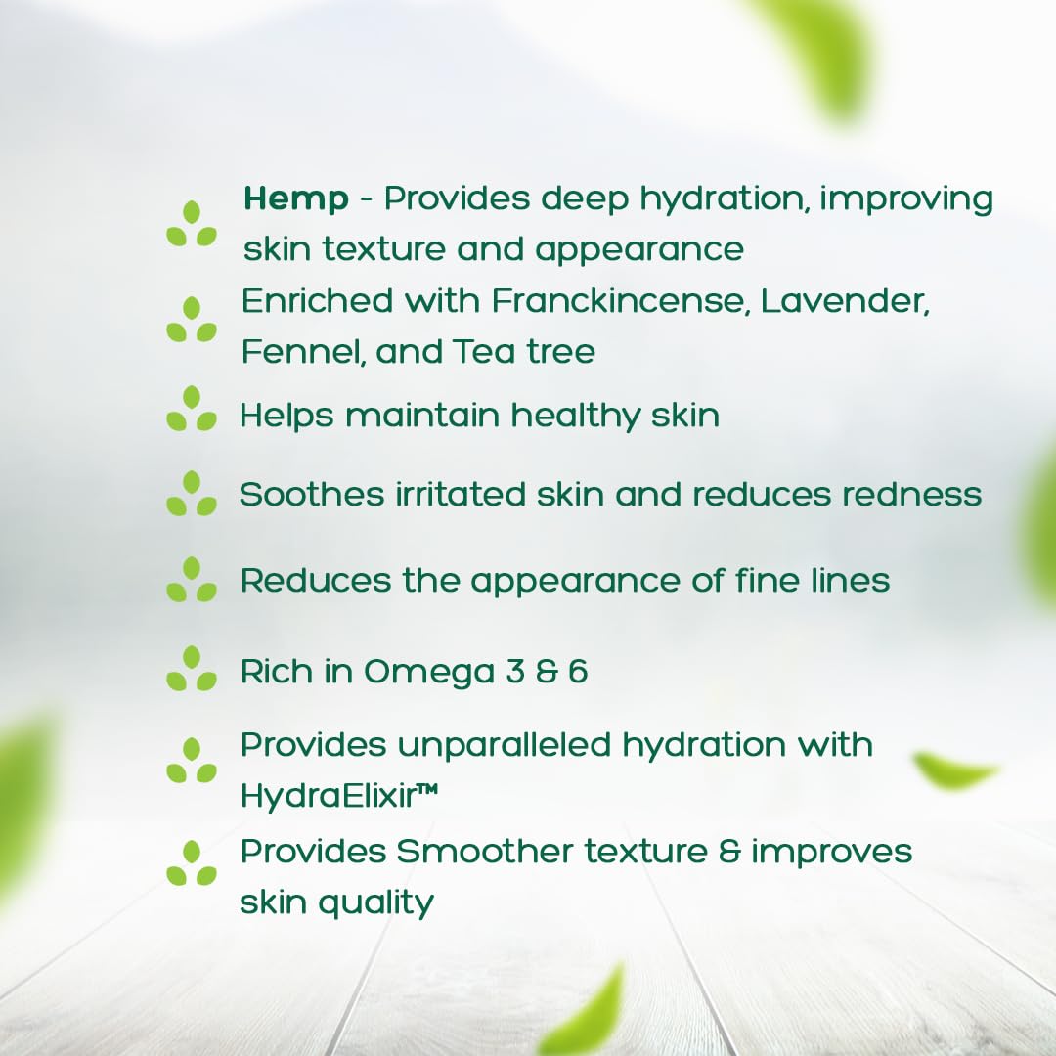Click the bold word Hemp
point(295,199)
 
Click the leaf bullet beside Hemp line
point(192,224)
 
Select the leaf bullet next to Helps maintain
point(192,409)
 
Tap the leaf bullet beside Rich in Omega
point(192,669)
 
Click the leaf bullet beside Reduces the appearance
point(192,580)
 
